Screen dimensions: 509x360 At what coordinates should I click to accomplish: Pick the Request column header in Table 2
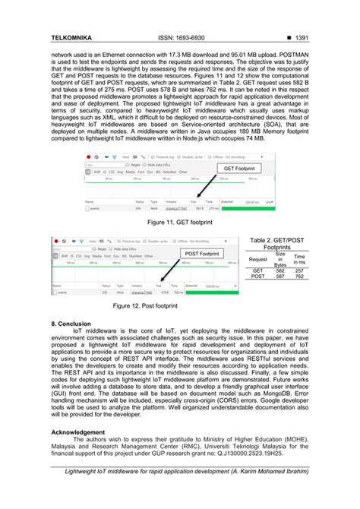[x=258, y=259]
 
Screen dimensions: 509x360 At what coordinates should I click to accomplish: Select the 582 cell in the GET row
[x=280, y=270]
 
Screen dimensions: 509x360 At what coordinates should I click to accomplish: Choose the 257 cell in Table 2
[x=299, y=270]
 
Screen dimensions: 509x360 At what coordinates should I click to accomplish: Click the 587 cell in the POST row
[x=280, y=277]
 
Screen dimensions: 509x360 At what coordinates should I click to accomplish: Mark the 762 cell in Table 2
[x=299, y=277]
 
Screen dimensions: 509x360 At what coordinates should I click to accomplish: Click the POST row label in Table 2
[x=258, y=277]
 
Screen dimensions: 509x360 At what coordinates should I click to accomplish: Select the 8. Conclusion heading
[x=71, y=324]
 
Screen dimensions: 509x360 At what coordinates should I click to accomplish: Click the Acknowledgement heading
[x=81, y=432]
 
